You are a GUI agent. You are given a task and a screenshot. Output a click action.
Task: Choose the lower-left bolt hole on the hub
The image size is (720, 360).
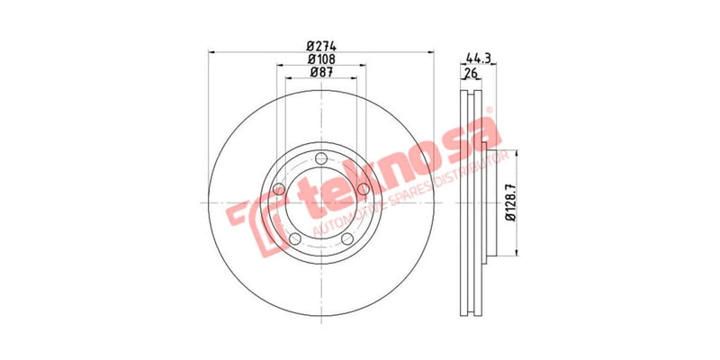294,238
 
